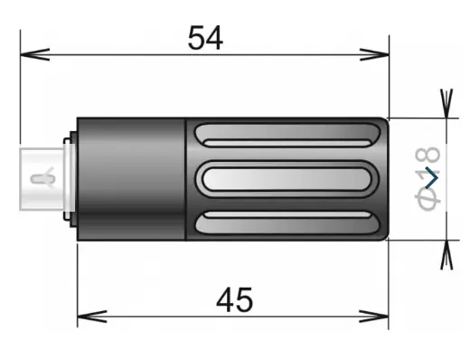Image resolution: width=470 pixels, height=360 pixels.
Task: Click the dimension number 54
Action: (x=206, y=37)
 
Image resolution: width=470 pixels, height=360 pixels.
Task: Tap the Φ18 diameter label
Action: (x=428, y=177)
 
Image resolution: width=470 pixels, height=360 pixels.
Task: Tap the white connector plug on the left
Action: (x=41, y=178)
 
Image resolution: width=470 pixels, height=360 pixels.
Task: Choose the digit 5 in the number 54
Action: (x=195, y=37)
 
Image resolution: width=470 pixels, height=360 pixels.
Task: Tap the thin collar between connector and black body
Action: (x=70, y=178)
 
